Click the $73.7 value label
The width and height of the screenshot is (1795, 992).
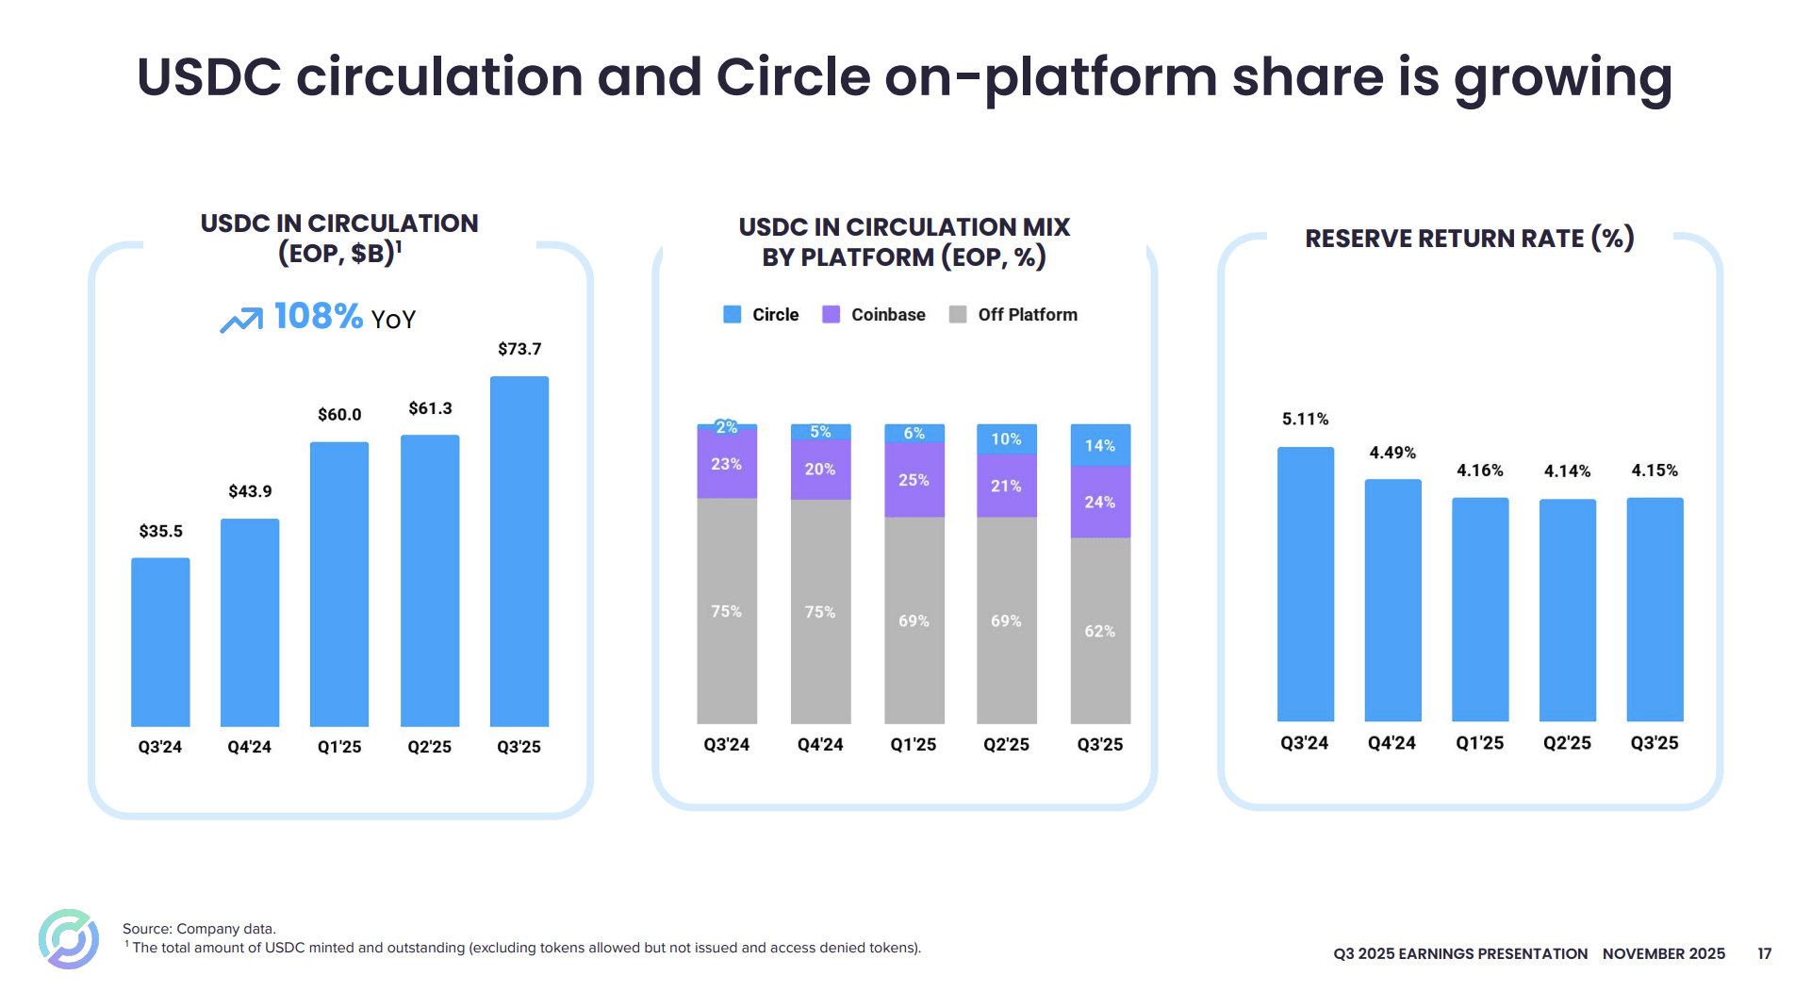[519, 349]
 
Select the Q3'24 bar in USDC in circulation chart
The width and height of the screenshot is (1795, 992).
[160, 641]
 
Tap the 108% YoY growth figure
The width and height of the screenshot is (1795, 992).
[318, 316]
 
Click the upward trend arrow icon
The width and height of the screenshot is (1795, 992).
[241, 320]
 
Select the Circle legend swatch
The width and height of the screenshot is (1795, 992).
[732, 315]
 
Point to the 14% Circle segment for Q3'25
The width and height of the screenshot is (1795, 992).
[1100, 445]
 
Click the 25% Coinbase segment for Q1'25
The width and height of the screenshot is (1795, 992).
[914, 480]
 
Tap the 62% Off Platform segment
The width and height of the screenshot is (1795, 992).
[1100, 631]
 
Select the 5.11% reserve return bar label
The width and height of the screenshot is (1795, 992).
[1305, 419]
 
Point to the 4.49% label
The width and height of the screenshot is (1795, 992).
[1392, 453]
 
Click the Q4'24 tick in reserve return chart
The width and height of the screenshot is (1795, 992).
[1392, 743]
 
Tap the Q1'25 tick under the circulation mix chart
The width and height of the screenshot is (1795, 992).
[914, 744]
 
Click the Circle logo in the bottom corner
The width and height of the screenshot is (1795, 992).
[69, 938]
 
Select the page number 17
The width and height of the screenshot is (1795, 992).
[1764, 953]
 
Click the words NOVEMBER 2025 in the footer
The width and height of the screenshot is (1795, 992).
[1663, 953]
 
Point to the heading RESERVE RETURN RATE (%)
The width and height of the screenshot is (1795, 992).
[1469, 239]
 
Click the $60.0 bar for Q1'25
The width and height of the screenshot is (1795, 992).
[339, 584]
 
